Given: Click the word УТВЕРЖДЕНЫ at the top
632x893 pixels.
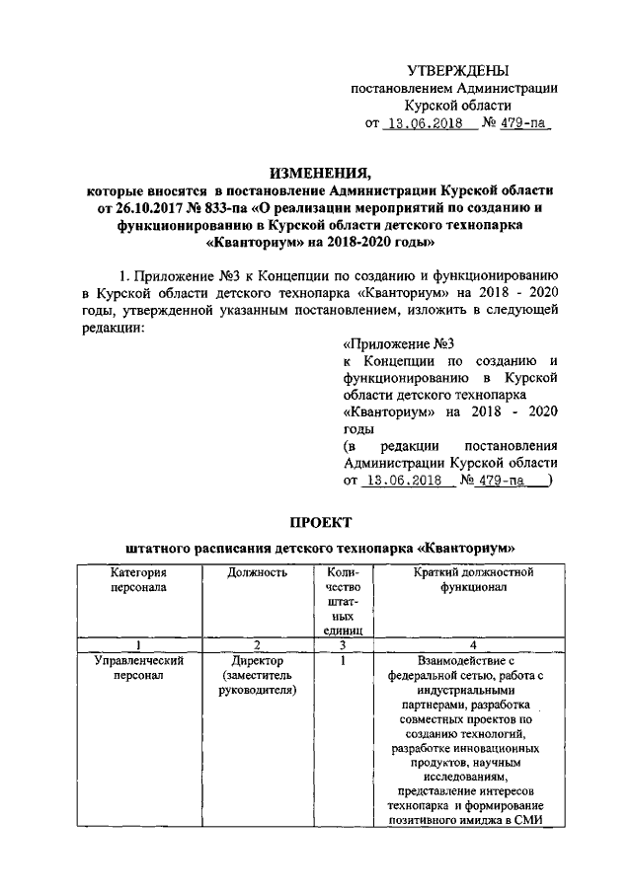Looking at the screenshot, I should [x=459, y=70].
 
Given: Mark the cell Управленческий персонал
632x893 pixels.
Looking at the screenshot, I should [x=138, y=667].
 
